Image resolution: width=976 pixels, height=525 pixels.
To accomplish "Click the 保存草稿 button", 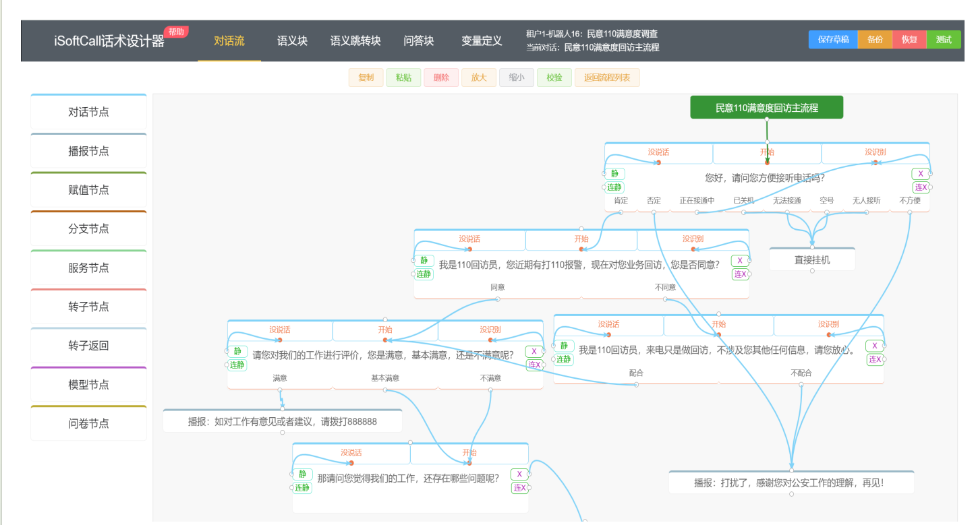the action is tap(832, 40).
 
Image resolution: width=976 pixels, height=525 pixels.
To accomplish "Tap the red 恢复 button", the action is tap(909, 40).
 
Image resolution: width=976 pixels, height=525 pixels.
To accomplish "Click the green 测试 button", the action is tap(944, 40).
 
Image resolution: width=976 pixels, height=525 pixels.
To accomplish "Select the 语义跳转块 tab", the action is tap(355, 41).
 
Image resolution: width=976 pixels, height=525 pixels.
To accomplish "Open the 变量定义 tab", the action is tap(482, 41).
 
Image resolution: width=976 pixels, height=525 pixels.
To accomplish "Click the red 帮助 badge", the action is tap(176, 32).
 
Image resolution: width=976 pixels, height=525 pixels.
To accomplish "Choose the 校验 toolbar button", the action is tap(554, 78).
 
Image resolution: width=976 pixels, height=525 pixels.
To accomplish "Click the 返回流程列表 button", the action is tap(607, 78).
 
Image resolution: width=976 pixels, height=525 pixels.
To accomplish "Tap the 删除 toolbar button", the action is tap(441, 78).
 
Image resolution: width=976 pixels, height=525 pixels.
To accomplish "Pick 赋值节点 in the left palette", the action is tap(88, 190).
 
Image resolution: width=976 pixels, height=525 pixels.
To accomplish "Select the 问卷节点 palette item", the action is tap(88, 423).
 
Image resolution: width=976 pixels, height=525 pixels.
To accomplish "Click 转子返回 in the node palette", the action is tap(88, 345).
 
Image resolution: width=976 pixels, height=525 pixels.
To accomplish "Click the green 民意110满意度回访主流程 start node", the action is tap(766, 108).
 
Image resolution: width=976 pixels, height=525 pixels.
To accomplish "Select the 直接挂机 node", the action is tap(812, 260).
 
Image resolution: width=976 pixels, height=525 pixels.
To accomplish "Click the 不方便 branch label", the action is tap(910, 201).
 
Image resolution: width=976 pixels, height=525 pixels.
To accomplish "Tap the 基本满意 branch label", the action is tap(385, 378).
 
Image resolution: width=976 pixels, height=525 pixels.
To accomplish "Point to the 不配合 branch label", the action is tap(801, 373).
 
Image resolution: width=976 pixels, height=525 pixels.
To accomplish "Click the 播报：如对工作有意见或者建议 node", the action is tap(283, 421).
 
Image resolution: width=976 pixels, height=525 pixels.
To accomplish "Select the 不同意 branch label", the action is tap(665, 287).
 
